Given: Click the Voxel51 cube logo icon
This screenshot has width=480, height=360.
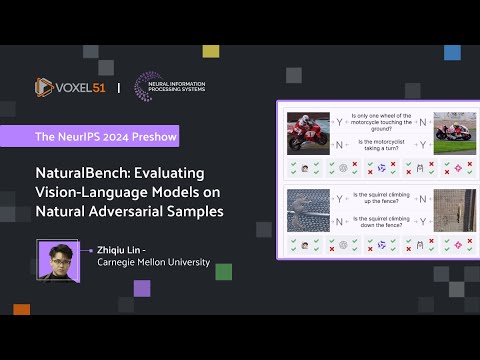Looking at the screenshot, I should (x=44, y=88).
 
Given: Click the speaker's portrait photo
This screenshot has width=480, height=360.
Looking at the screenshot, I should (x=56, y=261).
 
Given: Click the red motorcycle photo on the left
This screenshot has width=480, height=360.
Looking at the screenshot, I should (x=303, y=132).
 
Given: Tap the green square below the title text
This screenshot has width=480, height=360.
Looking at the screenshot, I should (x=224, y=271).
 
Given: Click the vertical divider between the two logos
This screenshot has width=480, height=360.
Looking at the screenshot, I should (x=119, y=87).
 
